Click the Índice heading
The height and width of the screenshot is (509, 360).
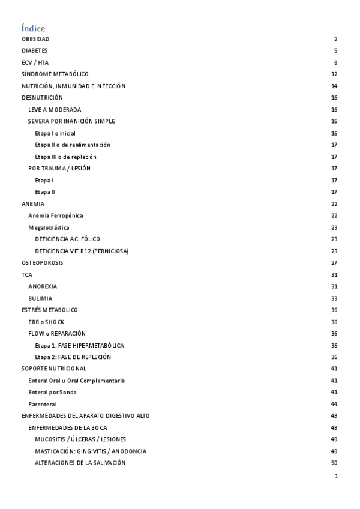pos(33,28)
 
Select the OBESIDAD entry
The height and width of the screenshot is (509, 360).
pos(35,39)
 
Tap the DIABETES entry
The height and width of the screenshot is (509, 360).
pos(35,51)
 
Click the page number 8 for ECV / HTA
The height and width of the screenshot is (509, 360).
pos(336,62)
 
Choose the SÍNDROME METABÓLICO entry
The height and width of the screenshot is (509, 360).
pos(55,74)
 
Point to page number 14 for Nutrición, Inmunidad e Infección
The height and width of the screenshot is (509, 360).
pos(334,86)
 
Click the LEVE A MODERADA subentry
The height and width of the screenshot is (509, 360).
pos(55,110)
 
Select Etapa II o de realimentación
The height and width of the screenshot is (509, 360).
pos(73,145)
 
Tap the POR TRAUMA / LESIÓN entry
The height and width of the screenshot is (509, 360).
pos(59,169)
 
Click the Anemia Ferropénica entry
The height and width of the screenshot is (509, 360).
pos(56,215)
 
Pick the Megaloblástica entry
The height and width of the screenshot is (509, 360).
pos(49,227)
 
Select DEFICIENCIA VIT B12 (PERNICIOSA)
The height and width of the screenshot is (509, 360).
pos(82,251)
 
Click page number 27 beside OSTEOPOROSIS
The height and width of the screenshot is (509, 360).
pos(334,263)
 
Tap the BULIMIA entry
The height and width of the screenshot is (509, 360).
pos(40,298)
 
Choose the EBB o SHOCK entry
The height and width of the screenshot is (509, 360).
pos(46,322)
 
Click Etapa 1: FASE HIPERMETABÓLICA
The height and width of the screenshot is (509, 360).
pos(80,346)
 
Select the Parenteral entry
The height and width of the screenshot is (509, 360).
pos(43,404)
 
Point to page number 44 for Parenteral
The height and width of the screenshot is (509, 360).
pos(334,404)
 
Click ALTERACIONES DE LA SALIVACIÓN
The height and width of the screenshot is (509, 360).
pos(80,463)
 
